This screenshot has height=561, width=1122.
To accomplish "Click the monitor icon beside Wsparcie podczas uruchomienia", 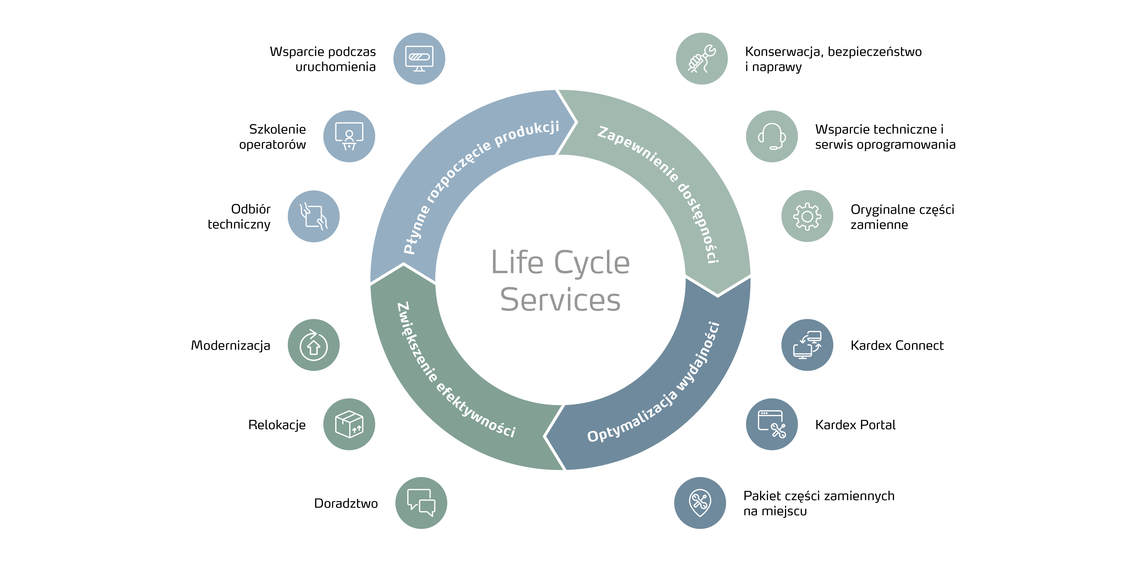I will pos(419,58).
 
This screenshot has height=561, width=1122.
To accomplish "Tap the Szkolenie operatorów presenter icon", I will pos(349,136).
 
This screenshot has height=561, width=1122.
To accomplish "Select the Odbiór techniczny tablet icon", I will pos(314,216).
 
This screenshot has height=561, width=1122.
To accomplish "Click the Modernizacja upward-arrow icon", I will pos(314,345).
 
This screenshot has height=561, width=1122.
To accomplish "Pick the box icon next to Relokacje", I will pos(349,424).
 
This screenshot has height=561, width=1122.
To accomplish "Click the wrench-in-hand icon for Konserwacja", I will pos(702,58).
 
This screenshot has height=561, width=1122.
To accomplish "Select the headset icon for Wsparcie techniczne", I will pos(772,136).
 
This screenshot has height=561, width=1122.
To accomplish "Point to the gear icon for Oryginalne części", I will pos(807,216).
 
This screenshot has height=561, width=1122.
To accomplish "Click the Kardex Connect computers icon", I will pos(807,345).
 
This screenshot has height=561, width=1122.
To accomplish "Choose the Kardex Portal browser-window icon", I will pos(772,424).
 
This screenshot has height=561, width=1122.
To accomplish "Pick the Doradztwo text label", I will pos(346,504).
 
